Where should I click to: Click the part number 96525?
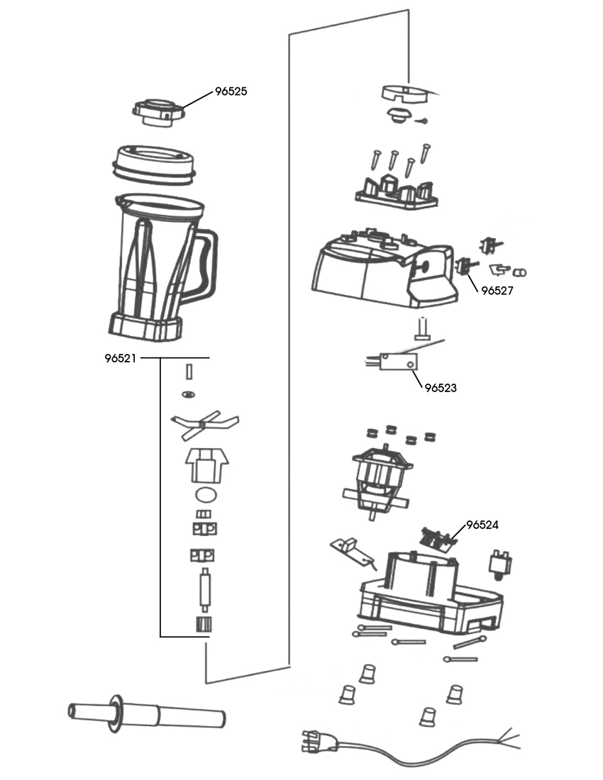[231, 91]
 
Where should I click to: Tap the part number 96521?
[121, 358]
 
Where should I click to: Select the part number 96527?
[497, 291]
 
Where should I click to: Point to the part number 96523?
[441, 388]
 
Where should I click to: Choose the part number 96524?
[482, 525]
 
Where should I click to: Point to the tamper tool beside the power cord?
[146, 713]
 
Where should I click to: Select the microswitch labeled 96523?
[398, 361]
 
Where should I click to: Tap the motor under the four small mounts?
[377, 479]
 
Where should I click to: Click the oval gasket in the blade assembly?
[206, 494]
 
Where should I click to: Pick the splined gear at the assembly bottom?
[202, 624]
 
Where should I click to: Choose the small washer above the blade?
[189, 394]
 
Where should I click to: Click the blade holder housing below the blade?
[207, 464]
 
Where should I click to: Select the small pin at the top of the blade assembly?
[189, 371]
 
